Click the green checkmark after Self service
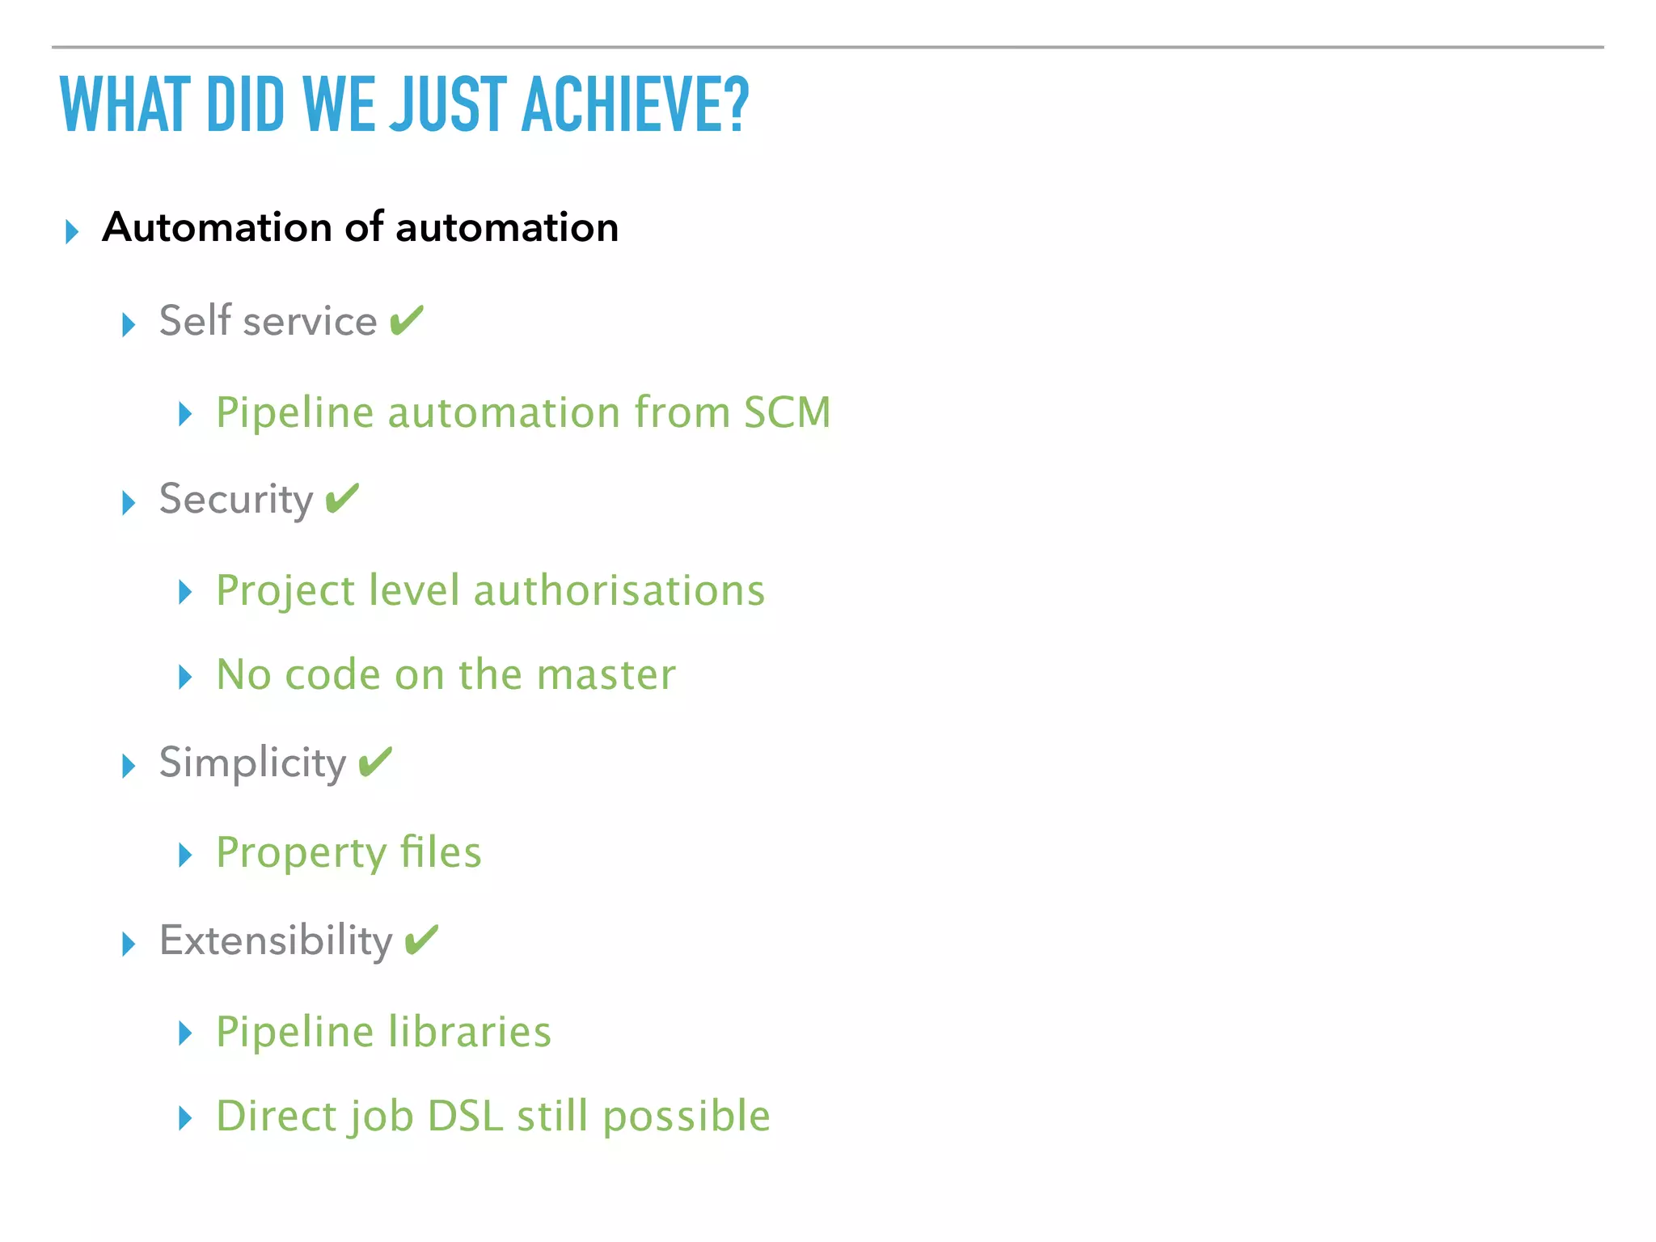(x=406, y=320)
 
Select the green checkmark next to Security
(x=342, y=498)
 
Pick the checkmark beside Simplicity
(x=374, y=762)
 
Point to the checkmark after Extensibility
(x=421, y=940)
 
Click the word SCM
(x=787, y=412)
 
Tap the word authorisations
(x=619, y=590)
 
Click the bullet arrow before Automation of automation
(x=72, y=231)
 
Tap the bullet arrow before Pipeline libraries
(x=185, y=1033)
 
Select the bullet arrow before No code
(x=185, y=677)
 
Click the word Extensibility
(x=276, y=940)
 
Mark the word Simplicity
(x=252, y=763)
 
